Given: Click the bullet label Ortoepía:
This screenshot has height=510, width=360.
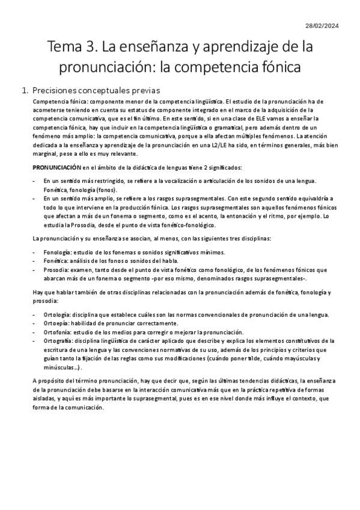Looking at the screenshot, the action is [x=58, y=324].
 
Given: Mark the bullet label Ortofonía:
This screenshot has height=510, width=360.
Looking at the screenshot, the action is [x=59, y=333].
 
